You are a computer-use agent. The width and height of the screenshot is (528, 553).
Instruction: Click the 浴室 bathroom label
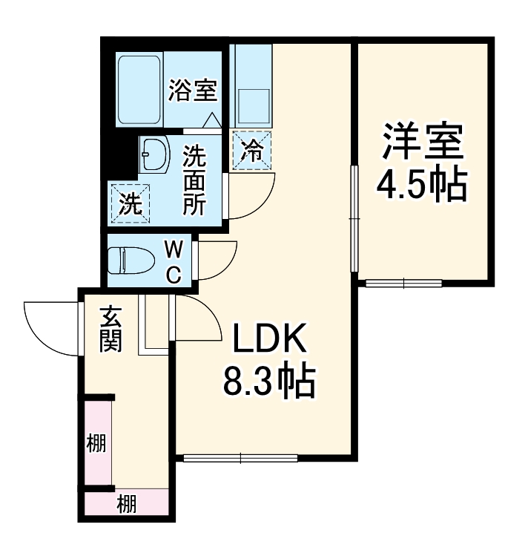(192, 91)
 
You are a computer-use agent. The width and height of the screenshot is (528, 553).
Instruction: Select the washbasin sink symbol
(154, 154)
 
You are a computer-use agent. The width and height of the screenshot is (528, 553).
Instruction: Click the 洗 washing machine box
(131, 202)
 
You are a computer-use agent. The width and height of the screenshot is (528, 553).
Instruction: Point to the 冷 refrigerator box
(252, 151)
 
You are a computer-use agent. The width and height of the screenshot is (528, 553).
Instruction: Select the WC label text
(172, 261)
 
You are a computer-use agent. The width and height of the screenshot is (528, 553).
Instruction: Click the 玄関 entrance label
(110, 330)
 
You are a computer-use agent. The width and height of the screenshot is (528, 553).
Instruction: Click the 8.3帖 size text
(270, 382)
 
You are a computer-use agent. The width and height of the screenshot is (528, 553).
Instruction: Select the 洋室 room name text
(423, 143)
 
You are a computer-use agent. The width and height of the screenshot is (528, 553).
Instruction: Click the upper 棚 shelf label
(96, 445)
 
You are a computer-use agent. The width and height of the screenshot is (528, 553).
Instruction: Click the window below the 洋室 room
(403, 283)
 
